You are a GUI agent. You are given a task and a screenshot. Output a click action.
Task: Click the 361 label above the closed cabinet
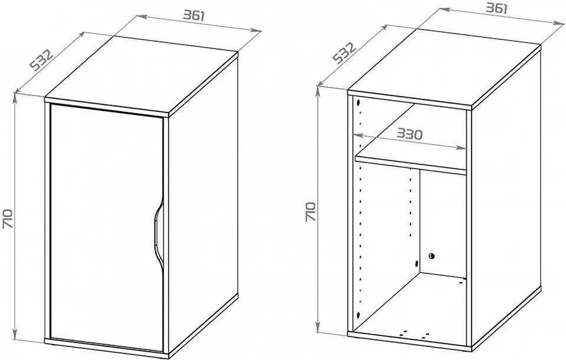194,15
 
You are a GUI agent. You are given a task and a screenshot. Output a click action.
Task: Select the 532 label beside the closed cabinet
41,60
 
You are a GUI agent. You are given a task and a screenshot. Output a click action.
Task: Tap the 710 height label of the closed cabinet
8,218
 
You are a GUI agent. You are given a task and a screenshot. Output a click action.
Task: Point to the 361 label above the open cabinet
496,8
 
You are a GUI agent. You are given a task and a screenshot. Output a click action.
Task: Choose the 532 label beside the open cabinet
344,52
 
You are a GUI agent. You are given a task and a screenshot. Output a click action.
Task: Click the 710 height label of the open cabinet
311,212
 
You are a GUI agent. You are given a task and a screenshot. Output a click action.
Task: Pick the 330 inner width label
410,134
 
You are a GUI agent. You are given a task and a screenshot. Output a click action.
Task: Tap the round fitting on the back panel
432,256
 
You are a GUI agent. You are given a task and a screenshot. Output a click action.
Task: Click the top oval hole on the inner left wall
358,103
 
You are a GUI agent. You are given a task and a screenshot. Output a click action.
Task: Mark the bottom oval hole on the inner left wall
358,315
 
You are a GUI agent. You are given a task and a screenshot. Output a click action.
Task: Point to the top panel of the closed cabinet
141,76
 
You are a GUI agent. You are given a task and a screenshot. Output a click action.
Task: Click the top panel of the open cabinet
444,67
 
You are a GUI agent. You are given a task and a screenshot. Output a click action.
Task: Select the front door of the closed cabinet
107,228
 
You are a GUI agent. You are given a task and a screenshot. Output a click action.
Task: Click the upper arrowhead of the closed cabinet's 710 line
15,97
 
